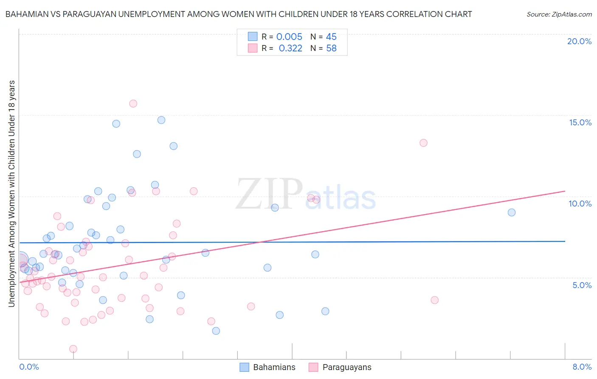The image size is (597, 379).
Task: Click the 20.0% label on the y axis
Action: [579, 41]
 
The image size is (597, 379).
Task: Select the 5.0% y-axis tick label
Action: [582, 285]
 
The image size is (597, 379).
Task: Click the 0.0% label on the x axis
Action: [29, 367]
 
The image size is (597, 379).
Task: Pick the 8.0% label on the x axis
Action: [582, 367]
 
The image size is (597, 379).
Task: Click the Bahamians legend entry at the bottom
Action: [268, 367]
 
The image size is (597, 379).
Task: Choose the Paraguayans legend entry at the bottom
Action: [340, 367]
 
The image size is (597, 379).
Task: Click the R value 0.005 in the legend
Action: [289, 37]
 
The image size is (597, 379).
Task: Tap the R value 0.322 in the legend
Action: [290, 48]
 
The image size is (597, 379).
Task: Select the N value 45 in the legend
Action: [331, 37]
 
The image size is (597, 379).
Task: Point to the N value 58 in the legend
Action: [331, 48]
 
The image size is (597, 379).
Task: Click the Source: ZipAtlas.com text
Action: [559, 14]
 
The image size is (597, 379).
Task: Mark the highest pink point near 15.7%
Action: [133, 103]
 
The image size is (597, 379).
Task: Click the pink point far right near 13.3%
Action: [423, 143]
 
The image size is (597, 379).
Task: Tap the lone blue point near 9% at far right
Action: [512, 212]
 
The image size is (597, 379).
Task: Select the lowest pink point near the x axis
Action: [73, 349]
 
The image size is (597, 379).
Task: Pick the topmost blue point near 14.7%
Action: [161, 120]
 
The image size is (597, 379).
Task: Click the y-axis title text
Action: [12, 193]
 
